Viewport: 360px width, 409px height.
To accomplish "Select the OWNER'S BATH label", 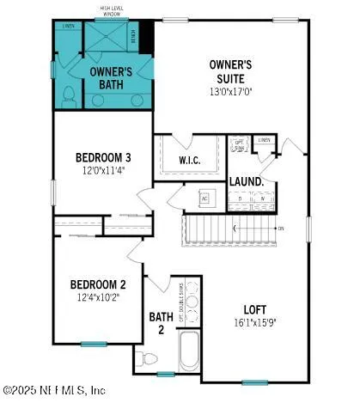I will click(x=112, y=78).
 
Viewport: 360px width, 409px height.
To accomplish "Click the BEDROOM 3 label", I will click(x=102, y=157).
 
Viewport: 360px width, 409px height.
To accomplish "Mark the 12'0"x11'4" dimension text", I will click(x=102, y=171).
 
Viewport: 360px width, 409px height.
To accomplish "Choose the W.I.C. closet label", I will click(x=189, y=161).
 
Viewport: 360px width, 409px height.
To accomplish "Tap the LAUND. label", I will click(x=246, y=182).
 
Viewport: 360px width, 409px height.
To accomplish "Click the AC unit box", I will click(x=204, y=198).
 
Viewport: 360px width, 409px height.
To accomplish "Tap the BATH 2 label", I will click(x=161, y=323).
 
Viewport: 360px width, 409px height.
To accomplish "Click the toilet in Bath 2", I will click(x=143, y=355).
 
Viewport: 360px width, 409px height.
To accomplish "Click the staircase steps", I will click(x=228, y=229).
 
